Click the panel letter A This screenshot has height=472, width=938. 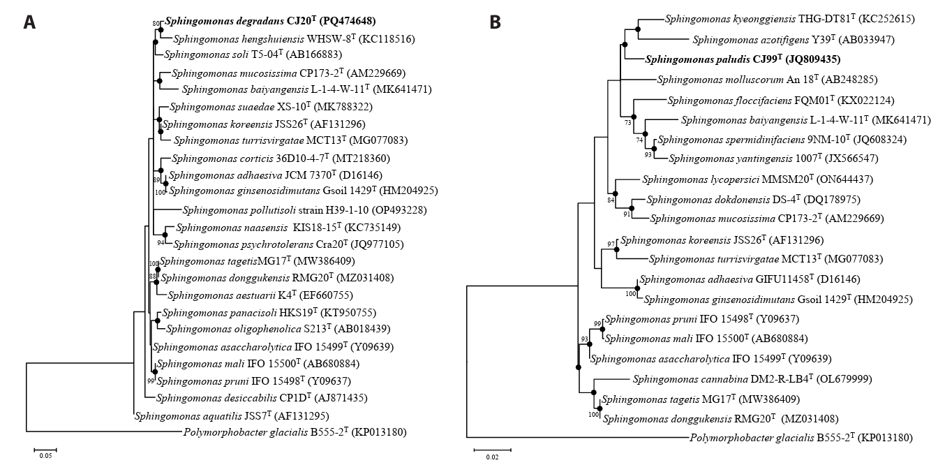[29, 22]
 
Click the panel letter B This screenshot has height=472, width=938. [495, 22]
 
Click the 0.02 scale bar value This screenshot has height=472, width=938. [493, 457]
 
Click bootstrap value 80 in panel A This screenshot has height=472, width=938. [156, 24]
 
